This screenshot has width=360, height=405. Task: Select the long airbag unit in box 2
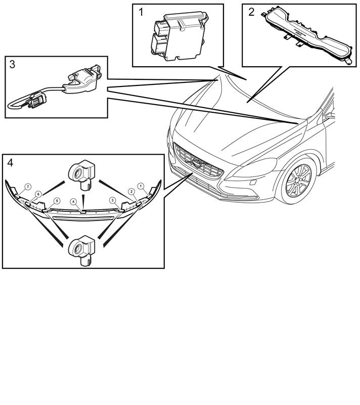[307, 37]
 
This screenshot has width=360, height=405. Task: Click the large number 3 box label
[12, 64]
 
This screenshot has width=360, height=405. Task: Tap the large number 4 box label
[10, 163]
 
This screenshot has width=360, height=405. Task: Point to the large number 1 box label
[141, 12]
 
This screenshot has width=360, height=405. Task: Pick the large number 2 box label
[251, 12]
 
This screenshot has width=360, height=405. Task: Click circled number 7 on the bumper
[28, 187]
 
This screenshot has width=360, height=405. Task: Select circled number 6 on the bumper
[38, 194]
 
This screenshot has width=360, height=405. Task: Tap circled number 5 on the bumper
[57, 201]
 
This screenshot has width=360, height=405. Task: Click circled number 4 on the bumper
[74, 201]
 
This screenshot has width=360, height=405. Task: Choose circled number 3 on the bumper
[112, 200]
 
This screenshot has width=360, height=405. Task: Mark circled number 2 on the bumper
[131, 192]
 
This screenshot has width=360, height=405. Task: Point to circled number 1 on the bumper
[141, 186]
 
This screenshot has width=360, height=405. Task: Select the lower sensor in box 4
[82, 250]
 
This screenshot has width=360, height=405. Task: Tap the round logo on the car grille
[197, 163]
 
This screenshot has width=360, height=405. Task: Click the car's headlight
[254, 168]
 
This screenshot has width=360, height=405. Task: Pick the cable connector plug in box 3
[38, 100]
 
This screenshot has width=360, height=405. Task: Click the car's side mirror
[330, 115]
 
